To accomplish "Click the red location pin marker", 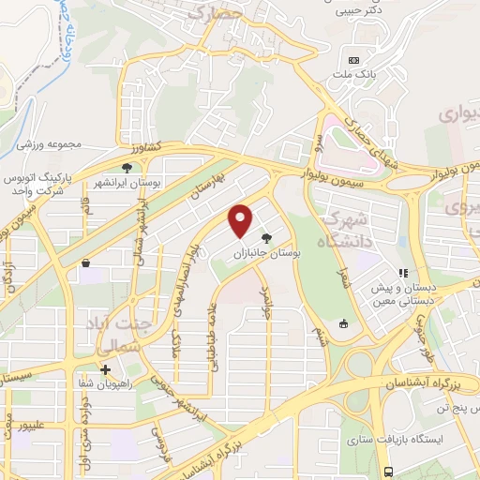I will [x=242, y=220].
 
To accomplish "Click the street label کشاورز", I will [x=146, y=146].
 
